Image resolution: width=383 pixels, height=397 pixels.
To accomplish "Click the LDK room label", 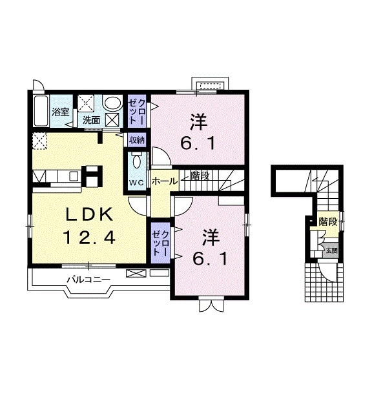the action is click(89, 215).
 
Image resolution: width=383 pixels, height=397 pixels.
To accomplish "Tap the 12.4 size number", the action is click(89, 238).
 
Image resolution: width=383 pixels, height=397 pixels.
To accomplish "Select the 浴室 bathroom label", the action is click(61, 112).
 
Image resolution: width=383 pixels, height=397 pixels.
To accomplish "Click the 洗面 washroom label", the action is click(92, 120).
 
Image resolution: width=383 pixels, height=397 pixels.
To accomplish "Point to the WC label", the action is click(136, 183).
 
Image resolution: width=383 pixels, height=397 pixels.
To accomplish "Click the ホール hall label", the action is click(165, 181).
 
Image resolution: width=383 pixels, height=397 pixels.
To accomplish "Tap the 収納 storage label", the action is click(137, 140).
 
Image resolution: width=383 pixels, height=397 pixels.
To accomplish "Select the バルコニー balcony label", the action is click(88, 280).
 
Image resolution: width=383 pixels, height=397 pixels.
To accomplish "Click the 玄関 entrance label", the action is click(331, 250).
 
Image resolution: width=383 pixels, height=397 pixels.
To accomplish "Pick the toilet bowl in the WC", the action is click(137, 161).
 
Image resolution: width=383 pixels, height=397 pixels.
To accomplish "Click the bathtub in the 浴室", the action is click(41, 110).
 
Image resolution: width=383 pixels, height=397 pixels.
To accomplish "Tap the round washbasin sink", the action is click(112, 104).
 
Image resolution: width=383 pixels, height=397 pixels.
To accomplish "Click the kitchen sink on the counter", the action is click(74, 176).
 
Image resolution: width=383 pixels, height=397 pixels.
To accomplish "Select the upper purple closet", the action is click(137, 111).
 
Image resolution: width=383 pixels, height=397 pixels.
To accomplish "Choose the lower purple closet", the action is click(160, 243).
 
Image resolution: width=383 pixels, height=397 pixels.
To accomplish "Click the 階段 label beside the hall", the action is click(200, 176).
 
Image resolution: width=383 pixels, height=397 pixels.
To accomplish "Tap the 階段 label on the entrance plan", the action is click(328, 222).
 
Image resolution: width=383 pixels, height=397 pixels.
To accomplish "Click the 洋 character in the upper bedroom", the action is click(199, 122).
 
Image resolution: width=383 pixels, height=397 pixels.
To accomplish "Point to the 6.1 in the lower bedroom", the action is click(210, 259).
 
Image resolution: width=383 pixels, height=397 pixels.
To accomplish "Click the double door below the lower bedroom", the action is click(211, 305).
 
